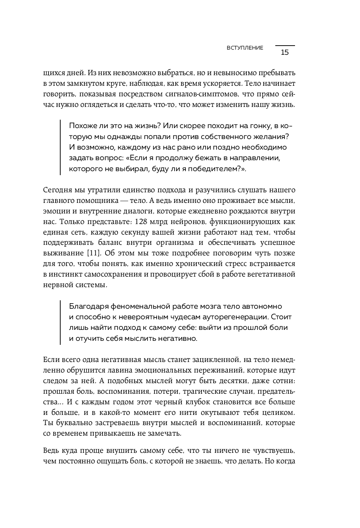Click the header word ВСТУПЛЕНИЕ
[245, 48]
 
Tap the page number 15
[285, 52]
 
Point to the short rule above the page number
[285, 46]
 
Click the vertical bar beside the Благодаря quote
[60, 322]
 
